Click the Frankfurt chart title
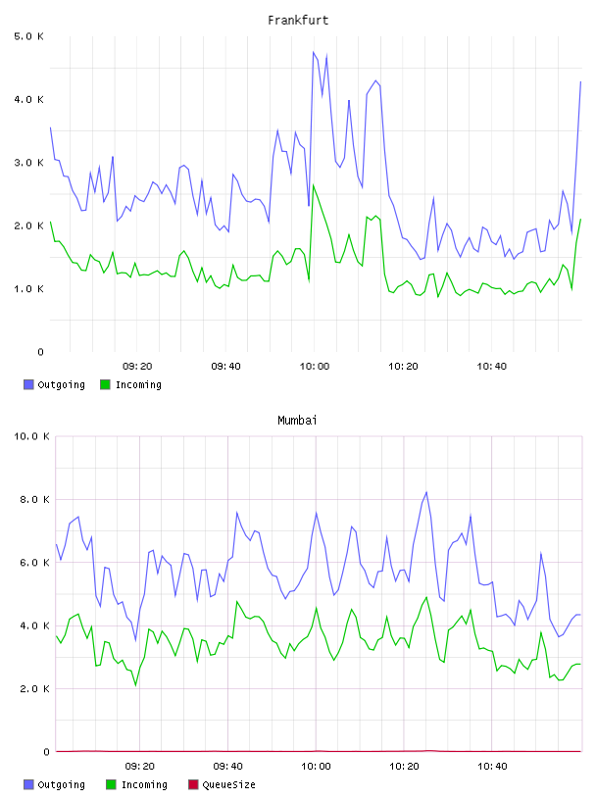pos(298,21)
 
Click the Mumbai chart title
pos(297,421)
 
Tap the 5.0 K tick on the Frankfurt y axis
pos(28,36)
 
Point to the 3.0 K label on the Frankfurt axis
pos(28,163)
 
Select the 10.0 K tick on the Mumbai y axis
pos(31,436)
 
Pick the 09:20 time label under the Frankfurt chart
pos(137,367)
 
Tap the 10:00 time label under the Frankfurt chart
pos(315,367)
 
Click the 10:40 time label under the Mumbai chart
pos(492,767)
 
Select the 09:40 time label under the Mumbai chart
pos(227,767)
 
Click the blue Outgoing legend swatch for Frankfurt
pos(28,384)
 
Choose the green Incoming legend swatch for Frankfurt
pos(105,384)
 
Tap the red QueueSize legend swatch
pos(193,784)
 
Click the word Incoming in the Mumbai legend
pos(144,785)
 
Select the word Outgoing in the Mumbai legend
pos(61,785)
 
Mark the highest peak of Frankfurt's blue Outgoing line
pos(314,52)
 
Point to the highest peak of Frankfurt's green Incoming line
pos(314,184)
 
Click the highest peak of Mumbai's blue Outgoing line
pos(426,492)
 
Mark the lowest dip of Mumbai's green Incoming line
pos(135,685)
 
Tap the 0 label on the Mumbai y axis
pos(46,752)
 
